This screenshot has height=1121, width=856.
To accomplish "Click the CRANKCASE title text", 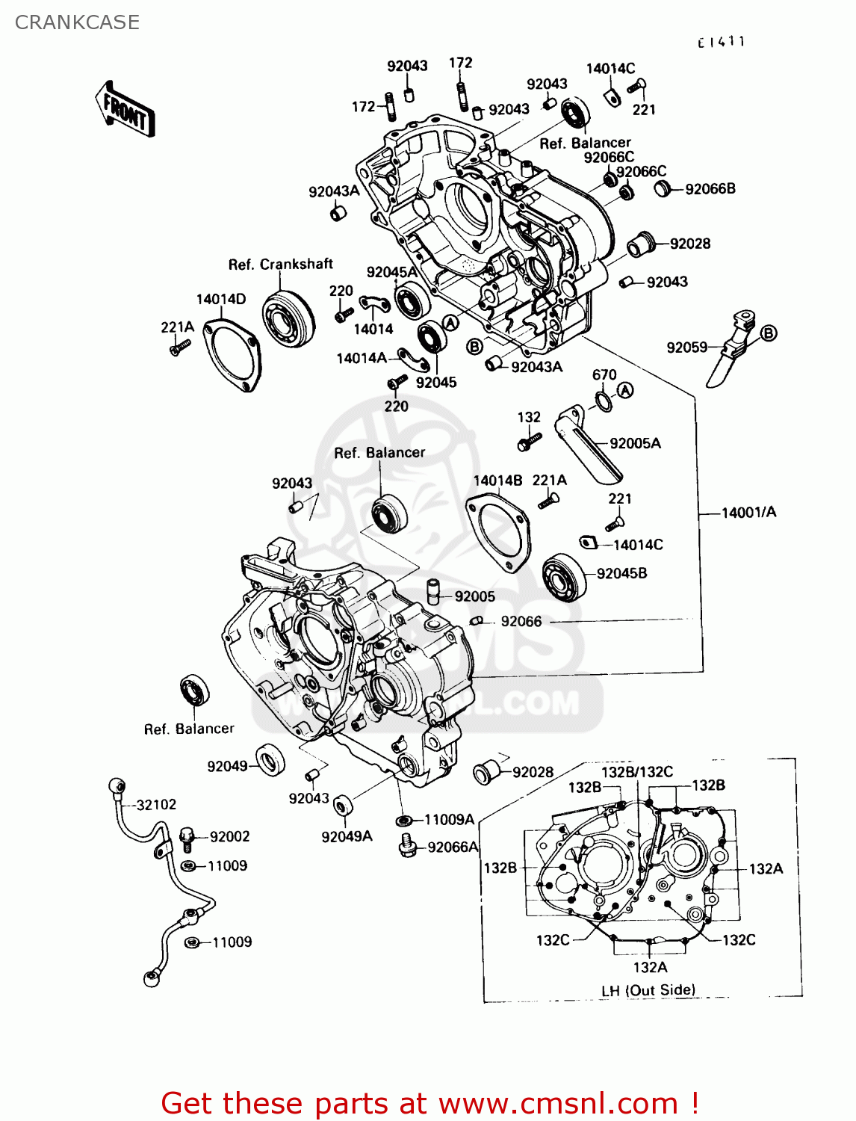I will click(77, 22).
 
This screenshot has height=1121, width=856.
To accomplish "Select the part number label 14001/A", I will click(748, 512).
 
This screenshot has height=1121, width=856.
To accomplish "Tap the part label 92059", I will click(686, 348).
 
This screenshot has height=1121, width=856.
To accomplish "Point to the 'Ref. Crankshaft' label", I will click(280, 265).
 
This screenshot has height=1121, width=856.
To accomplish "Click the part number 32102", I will click(156, 805).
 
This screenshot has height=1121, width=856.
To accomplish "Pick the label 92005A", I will click(635, 443).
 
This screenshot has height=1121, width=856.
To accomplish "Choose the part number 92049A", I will click(347, 836).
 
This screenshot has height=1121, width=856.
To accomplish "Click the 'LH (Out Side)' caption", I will click(648, 990).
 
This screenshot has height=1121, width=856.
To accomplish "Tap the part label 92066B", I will click(710, 189).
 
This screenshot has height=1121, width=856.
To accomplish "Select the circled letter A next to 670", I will click(625, 390).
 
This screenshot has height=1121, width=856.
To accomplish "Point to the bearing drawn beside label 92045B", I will click(565, 577).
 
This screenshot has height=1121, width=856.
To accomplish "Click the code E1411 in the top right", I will click(721, 42).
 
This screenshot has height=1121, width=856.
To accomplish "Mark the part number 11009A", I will click(449, 820).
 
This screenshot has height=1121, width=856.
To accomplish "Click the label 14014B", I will click(497, 481).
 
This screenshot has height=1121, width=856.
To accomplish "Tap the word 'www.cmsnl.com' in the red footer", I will click(558, 1103).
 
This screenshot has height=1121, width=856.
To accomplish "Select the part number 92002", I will click(229, 837).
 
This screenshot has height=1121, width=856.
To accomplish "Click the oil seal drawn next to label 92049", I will click(270, 761).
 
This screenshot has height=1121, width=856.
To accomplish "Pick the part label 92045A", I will click(391, 272).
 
